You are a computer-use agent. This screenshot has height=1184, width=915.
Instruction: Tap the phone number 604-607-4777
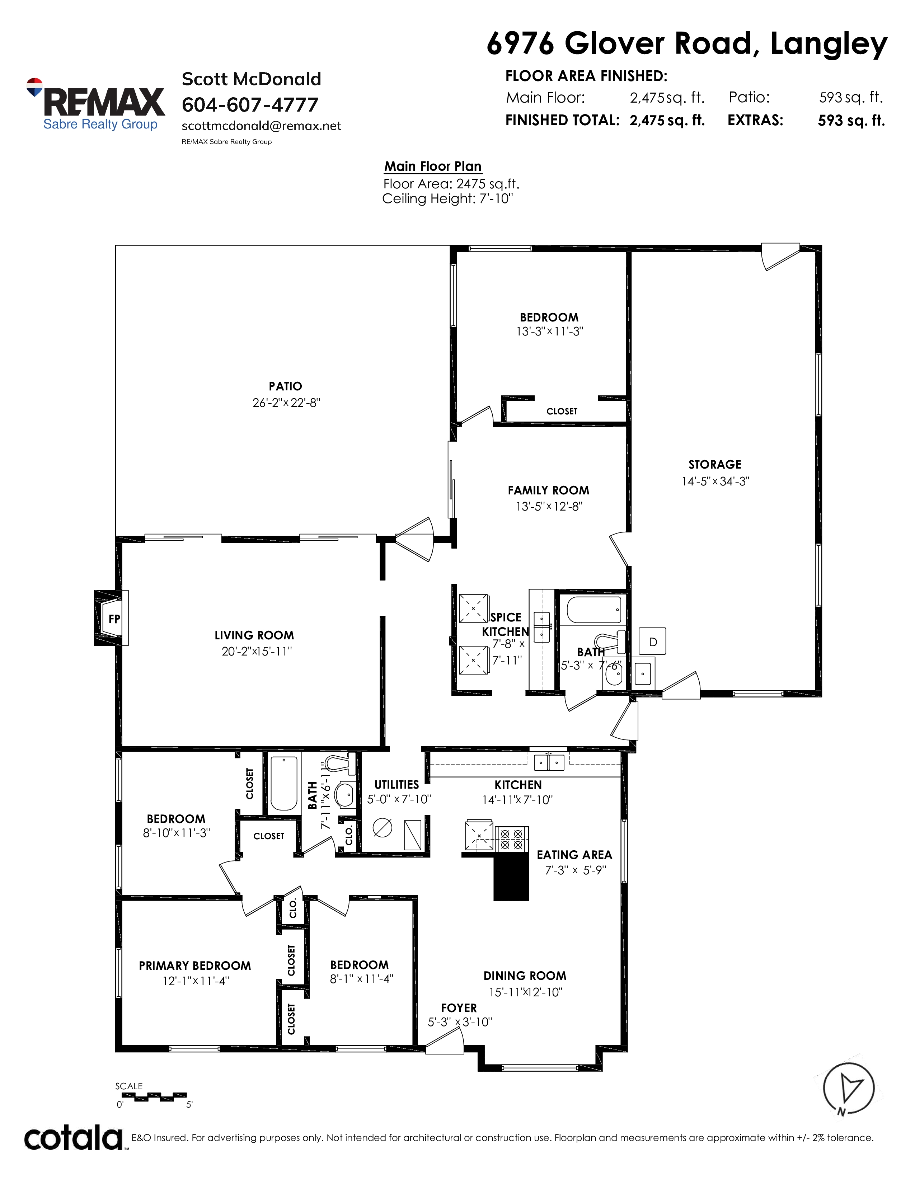tap(250, 105)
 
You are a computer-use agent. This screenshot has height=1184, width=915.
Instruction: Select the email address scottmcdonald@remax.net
tap(261, 126)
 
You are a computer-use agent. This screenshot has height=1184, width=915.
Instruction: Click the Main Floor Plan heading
tap(433, 166)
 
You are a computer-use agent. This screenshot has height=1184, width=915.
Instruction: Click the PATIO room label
tap(286, 386)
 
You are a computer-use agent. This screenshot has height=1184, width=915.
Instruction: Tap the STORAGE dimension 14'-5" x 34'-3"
tap(715, 481)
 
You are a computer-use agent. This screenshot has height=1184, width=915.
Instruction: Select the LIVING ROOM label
tap(254, 635)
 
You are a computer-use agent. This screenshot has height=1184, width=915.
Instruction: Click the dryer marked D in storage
tap(653, 642)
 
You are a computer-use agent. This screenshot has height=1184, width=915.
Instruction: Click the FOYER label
tap(459, 1008)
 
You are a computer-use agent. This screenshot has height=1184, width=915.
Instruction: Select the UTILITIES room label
tap(397, 784)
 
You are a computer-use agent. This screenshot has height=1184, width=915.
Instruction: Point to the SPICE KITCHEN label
tap(506, 624)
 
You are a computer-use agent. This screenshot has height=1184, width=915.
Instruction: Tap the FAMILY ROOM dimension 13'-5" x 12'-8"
tap(549, 506)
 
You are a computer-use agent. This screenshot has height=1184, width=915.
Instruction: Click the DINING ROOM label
tap(525, 976)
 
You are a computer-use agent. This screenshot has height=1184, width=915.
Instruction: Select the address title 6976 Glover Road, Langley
tap(687, 43)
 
